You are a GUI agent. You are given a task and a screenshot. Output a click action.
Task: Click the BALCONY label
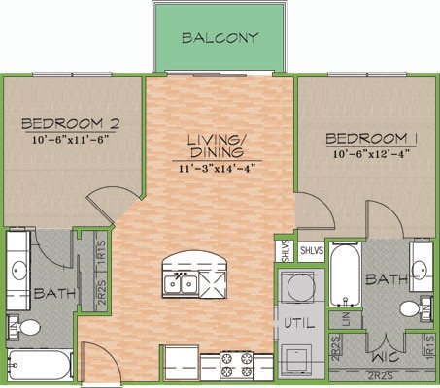(220, 39)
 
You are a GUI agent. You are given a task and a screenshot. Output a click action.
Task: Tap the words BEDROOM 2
(70, 123)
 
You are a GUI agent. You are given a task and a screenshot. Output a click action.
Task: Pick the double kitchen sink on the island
(182, 284)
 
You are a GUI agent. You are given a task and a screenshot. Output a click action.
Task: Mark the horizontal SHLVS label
(311, 250)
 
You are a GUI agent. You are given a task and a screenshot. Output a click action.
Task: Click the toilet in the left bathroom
(28, 328)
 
